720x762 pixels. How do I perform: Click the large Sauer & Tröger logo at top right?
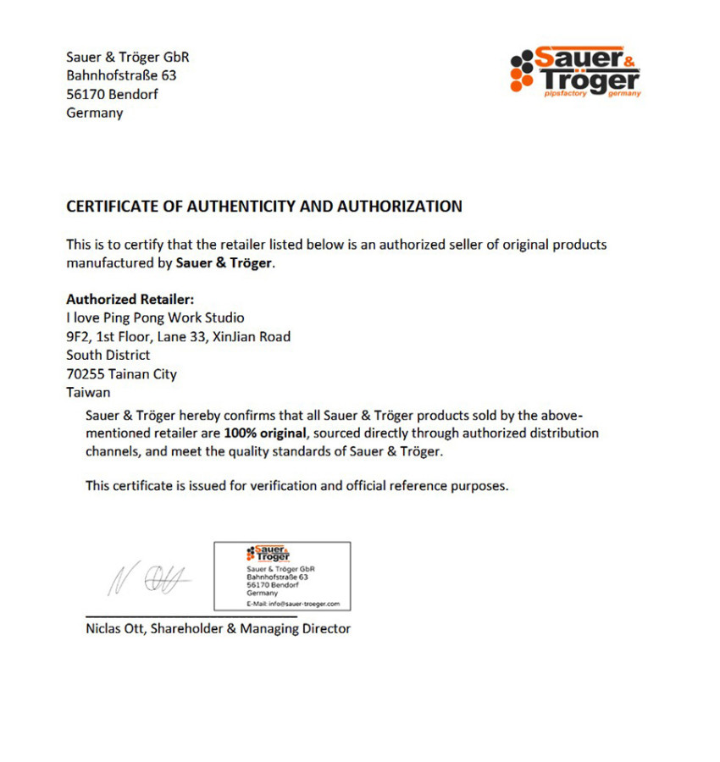pos(576,72)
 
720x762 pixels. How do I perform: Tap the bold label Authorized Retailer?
pos(130,299)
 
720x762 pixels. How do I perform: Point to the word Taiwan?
pos(88,392)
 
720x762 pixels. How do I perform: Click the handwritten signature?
pos(148,578)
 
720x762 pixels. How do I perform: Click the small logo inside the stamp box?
pos(268,554)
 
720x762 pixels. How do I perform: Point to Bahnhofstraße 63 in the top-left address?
pos(121,75)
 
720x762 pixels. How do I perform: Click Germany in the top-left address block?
pos(94,113)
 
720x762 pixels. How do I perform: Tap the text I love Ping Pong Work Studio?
pos(155,317)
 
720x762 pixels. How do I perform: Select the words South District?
pos(108,355)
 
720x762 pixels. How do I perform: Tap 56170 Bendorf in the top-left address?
pos(112,94)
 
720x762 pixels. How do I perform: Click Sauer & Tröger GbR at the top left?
pos(127,57)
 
